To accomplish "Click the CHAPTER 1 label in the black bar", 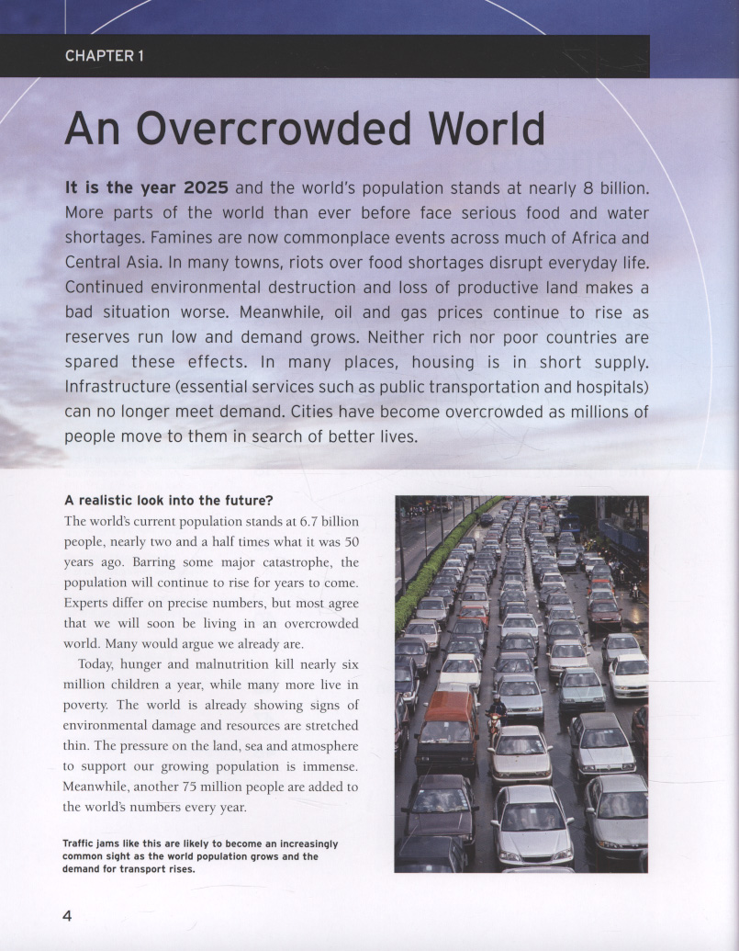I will (x=104, y=56).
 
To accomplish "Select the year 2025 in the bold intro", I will (x=206, y=187).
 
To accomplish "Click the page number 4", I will (x=68, y=915).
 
